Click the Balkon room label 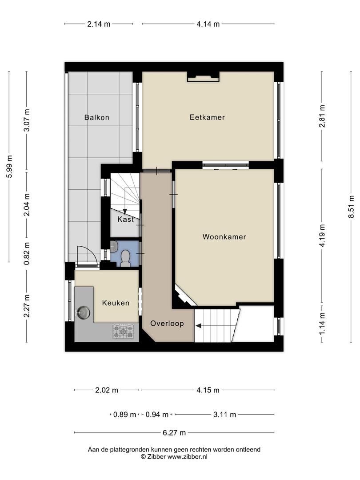tap(97, 117)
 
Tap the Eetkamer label tap(207, 117)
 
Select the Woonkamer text tap(224, 236)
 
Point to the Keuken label tap(116, 303)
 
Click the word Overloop tap(167, 323)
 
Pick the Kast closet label tap(126, 220)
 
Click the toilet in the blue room tap(125, 258)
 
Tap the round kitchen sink tap(83, 312)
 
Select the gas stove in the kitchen tap(124, 332)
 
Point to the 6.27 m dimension tap(174, 432)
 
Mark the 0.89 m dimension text tap(124, 415)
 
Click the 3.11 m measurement tap(225, 415)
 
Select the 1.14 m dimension tap(322, 324)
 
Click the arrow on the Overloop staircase tap(198, 326)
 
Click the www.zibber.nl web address tap(188, 456)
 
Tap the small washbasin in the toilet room tap(114, 246)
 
